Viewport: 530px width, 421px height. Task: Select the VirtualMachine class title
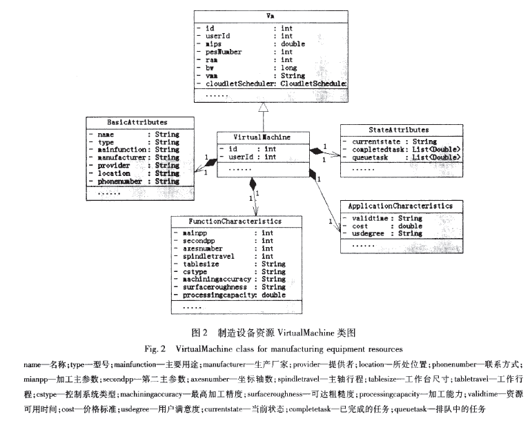pos(259,138)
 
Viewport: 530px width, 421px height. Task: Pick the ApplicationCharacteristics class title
pos(400,206)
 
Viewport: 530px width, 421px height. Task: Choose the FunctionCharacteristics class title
pos(235,222)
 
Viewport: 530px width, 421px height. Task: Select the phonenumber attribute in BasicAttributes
pos(120,182)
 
